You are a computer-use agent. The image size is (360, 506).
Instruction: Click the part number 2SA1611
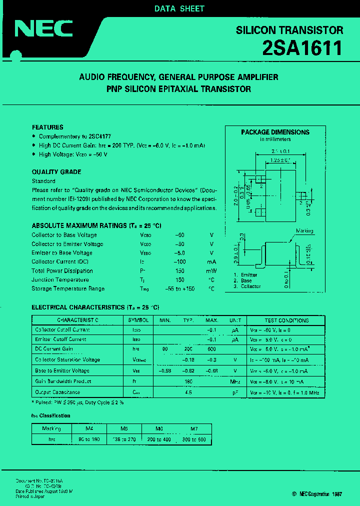point(302,48)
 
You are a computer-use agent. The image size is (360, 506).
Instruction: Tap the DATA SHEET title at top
point(179,8)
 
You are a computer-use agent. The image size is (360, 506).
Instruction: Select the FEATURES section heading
point(47,127)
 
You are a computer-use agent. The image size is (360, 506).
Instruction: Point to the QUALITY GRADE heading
point(56,172)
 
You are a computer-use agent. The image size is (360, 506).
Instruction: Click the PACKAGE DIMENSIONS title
point(275,132)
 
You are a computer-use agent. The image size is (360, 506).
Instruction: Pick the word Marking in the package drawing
point(304,231)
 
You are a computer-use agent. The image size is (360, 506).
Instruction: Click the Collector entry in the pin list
point(250,286)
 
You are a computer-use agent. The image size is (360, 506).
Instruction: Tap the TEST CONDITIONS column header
point(286,320)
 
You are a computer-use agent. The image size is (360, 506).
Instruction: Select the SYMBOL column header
point(138,320)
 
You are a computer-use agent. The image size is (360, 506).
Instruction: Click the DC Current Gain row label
point(54,349)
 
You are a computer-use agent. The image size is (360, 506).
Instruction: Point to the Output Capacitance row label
point(57,392)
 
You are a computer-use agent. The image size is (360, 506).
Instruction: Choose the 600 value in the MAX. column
point(212,349)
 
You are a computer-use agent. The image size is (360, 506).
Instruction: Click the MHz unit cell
point(235,382)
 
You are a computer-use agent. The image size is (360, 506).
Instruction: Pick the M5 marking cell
point(124,428)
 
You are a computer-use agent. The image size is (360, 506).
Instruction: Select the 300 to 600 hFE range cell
point(194,439)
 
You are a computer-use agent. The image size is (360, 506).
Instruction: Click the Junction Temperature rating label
point(60,280)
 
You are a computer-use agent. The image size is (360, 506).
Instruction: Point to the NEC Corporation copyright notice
point(317,493)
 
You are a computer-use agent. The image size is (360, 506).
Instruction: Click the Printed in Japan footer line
point(30,496)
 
